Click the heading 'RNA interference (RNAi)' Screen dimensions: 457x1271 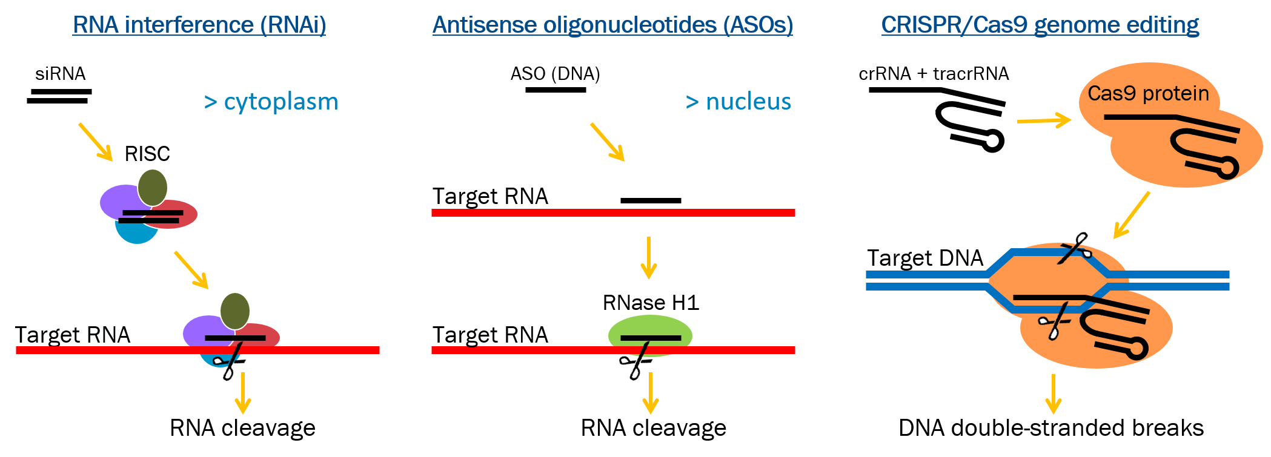199,25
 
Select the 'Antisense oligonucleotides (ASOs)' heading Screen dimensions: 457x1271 612,25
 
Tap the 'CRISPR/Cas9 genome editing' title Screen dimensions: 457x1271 1040,25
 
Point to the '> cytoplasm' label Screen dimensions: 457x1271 271,102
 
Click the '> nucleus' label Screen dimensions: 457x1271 738,102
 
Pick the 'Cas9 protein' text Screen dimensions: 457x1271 1148,93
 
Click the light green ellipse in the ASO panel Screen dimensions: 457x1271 650,327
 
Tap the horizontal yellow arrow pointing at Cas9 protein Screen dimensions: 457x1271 1043,120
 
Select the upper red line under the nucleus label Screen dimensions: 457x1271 613,212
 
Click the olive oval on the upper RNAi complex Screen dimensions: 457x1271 153,187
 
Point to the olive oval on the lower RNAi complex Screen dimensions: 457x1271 235,311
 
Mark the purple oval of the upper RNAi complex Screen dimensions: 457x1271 118,201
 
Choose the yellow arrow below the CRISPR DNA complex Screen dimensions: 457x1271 1054,394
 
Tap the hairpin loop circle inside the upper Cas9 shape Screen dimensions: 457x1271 1228,168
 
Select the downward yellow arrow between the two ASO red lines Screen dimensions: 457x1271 649,258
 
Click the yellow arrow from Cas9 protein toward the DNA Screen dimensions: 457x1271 1132,215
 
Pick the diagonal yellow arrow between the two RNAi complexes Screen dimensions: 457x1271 191,270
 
